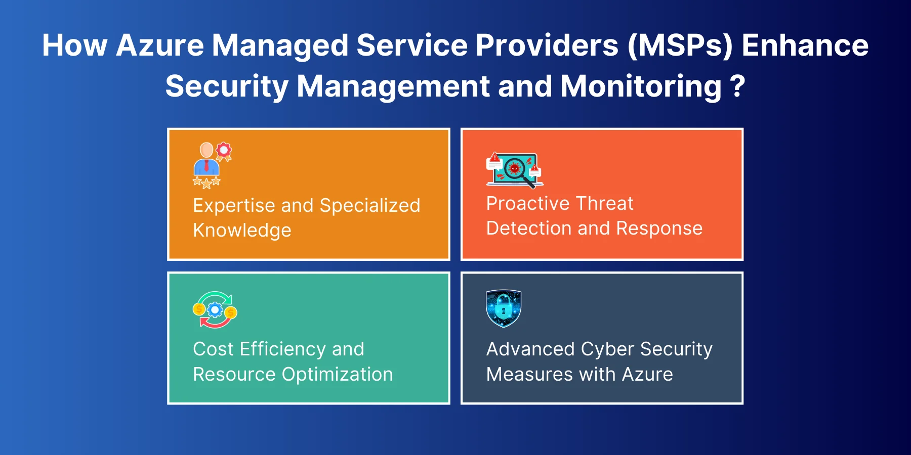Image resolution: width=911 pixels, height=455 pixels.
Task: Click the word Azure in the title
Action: tap(160, 45)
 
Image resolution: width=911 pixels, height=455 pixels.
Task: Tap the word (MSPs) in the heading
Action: tap(680, 45)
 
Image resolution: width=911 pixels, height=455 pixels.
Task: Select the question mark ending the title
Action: tap(738, 86)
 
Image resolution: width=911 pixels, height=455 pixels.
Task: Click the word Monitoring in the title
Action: tap(641, 87)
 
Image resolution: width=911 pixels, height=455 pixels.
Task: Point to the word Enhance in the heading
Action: tap(805, 45)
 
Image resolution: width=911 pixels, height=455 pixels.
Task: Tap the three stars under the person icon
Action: tap(206, 182)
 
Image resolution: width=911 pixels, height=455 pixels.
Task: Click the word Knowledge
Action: tap(242, 230)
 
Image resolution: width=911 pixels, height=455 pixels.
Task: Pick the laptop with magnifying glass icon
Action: tap(515, 170)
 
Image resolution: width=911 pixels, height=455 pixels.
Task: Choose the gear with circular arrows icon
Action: tap(215, 310)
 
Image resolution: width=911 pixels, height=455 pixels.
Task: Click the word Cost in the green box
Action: tap(213, 349)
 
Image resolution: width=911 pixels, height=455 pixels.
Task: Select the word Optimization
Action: tap(338, 375)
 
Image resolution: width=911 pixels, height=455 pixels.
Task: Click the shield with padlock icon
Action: tap(504, 308)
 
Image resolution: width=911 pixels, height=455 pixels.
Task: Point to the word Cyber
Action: tap(608, 350)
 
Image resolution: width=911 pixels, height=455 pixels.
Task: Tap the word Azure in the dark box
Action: tap(648, 375)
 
